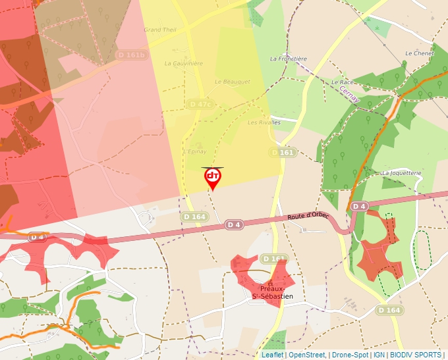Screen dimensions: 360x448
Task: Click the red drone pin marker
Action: point(212,178)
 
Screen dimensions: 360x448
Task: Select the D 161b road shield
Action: point(130,55)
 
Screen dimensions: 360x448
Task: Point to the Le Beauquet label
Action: point(233,82)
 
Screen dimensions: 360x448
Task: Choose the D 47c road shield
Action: point(200,104)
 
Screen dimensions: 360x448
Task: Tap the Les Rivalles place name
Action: point(264,122)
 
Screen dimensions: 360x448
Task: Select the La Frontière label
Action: point(289,59)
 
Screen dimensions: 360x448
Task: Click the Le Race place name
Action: point(343,82)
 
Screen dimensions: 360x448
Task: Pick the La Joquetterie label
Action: point(401,172)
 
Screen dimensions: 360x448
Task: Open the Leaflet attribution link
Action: point(272,355)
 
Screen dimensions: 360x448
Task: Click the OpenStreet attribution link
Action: point(308,355)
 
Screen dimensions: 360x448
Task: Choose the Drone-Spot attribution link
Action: point(350,355)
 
